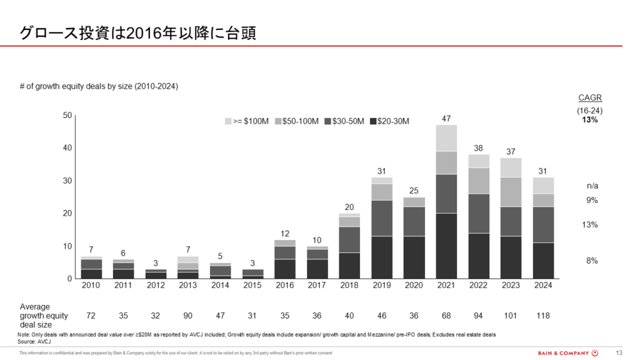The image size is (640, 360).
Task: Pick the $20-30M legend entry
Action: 390,121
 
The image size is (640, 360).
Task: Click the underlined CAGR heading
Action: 590,98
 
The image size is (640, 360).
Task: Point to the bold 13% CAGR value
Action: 590,120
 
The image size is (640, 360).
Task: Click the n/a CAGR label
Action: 592,186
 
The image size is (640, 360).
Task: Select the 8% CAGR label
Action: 592,261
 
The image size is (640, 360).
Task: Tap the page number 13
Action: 619,352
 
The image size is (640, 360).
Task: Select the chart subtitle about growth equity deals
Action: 99,86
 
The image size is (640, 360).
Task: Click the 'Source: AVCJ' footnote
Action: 34,341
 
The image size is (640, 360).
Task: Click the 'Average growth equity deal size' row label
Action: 44,316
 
